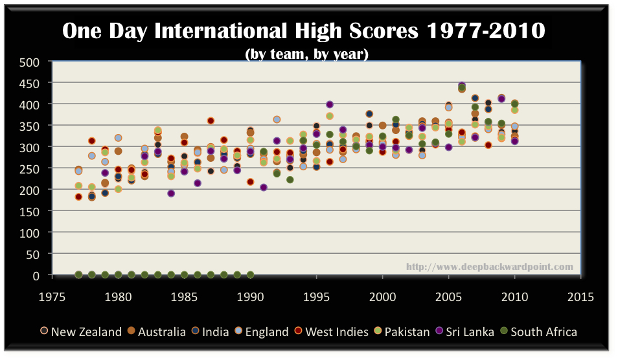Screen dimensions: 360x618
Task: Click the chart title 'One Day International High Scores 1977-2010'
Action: coord(303,31)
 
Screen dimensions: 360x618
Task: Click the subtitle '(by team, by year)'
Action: coord(306,54)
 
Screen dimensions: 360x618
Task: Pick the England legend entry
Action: coord(263,332)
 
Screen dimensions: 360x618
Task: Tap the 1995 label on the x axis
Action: coord(315,297)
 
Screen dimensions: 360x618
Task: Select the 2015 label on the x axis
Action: coord(580,297)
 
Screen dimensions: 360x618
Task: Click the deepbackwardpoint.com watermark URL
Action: coord(489,267)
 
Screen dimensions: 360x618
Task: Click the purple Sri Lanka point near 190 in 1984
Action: coord(171,193)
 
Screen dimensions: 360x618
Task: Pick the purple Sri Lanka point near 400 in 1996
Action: coord(330,104)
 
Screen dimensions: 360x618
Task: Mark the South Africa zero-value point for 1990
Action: coord(250,275)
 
